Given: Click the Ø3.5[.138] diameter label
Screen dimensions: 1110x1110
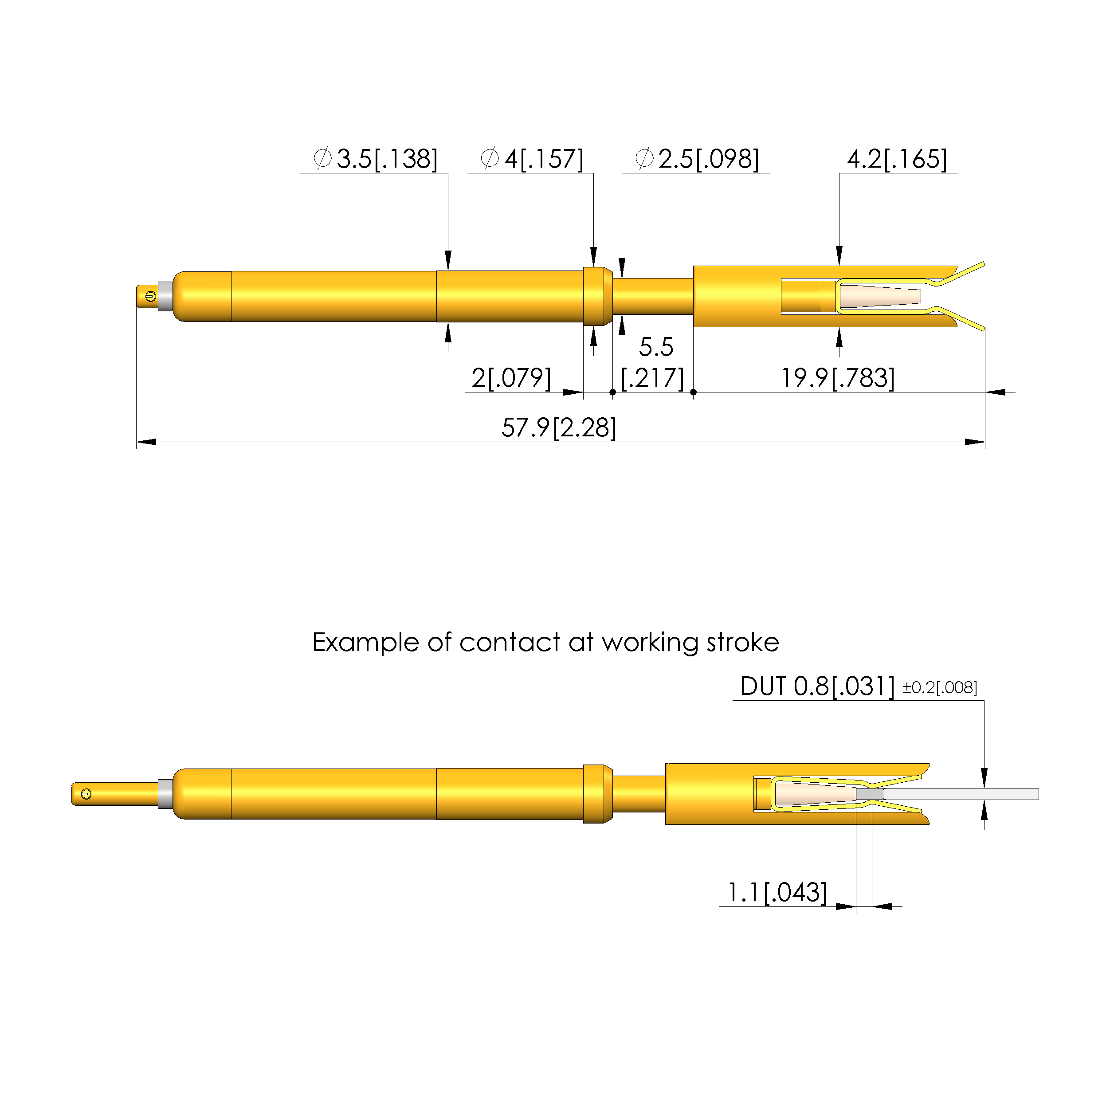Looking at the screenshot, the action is click(x=375, y=159).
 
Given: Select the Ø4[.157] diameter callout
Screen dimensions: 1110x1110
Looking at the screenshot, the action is click(x=531, y=159).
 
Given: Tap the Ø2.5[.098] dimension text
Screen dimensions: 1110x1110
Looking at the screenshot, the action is click(x=697, y=159).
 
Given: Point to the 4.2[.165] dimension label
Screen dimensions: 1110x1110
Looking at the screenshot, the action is click(x=897, y=159).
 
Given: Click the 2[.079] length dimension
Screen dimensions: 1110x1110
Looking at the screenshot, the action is click(x=511, y=377).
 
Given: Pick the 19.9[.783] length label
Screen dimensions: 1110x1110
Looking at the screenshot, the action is click(x=838, y=377).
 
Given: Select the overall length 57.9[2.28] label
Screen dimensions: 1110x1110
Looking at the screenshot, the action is click(x=558, y=428).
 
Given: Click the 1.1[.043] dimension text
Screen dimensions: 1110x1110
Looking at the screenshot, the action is click(x=777, y=892).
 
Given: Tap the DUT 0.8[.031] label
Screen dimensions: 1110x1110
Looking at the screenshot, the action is click(x=817, y=686).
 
